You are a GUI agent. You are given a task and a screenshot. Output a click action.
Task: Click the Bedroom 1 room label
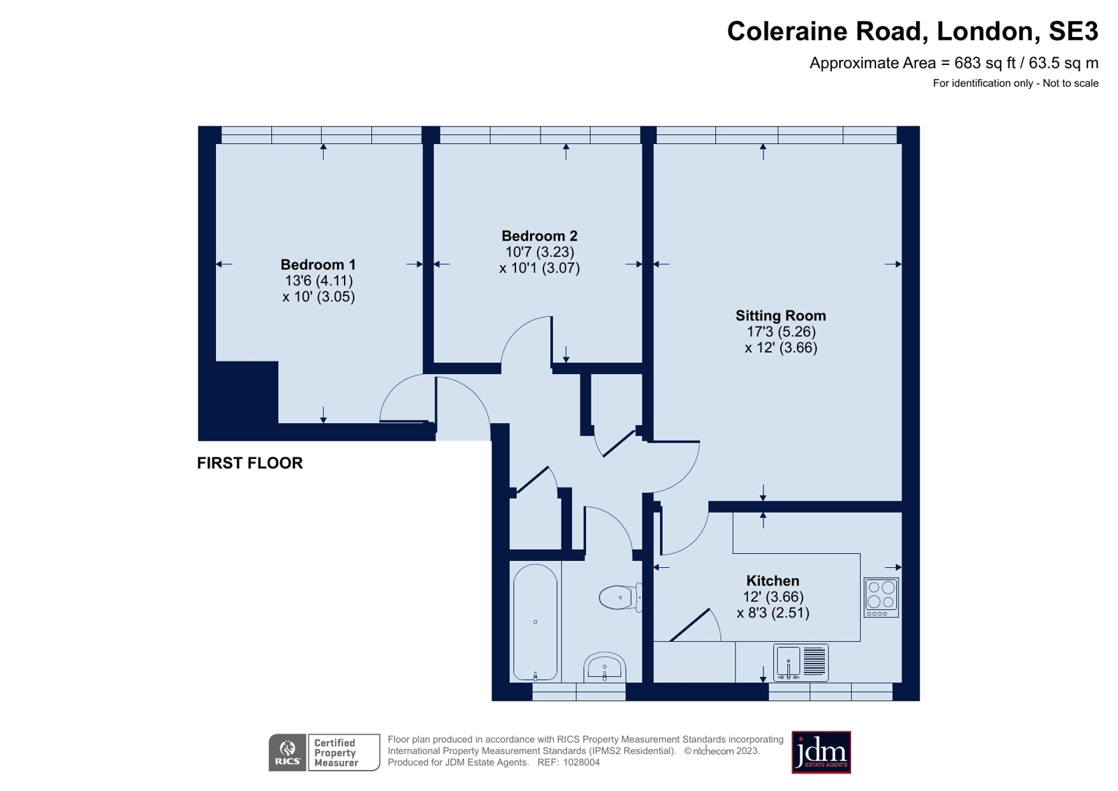coord(318,264)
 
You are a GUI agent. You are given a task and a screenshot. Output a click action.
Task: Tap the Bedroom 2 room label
coord(540,236)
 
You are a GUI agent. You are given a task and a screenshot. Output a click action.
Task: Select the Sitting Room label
coord(780,315)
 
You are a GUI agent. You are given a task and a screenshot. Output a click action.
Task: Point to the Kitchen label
coord(773,580)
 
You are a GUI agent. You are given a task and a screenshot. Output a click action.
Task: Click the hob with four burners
coord(882,598)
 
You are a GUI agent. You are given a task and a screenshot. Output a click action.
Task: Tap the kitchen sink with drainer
coord(801,663)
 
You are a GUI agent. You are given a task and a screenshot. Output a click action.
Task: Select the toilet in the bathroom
coord(620,597)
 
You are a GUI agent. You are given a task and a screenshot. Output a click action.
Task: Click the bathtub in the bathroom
coord(535,622)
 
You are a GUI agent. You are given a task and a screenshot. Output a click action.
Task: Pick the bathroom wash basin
coord(604,667)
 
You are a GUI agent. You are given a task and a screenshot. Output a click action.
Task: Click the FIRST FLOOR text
coord(250,464)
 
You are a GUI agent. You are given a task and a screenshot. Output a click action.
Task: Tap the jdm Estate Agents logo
coord(821,753)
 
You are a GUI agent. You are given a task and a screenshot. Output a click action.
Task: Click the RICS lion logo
coord(287,753)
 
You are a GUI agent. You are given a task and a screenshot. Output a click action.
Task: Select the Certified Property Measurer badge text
coord(336,753)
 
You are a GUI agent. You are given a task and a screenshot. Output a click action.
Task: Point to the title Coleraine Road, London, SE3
coord(912,31)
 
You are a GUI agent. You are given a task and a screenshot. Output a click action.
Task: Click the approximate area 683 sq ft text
coord(954,63)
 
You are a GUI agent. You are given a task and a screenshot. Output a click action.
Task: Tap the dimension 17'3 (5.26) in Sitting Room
coord(781,332)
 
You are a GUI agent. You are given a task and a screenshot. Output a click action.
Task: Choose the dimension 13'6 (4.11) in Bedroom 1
coord(318,280)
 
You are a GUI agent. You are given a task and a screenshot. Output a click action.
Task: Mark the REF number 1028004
coord(568,762)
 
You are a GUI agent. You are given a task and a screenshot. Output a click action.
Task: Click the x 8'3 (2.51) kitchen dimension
coord(773,613)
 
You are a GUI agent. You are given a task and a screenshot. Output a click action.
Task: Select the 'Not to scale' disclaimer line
coord(1016,83)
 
